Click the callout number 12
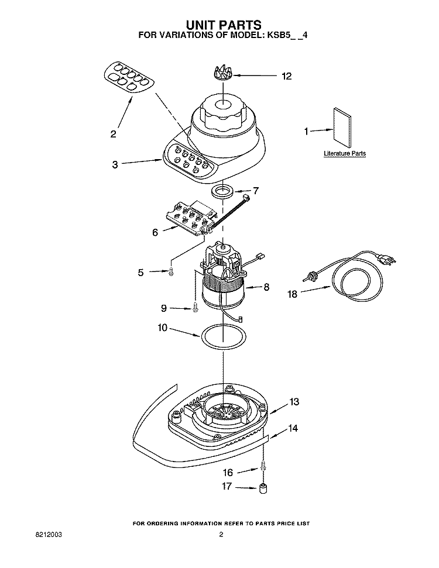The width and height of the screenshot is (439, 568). [286, 76]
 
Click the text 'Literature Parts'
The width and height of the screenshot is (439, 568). [345, 153]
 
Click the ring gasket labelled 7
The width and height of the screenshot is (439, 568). [222, 191]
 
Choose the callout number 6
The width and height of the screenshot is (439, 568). [155, 232]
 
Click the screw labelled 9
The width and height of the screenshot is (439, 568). [193, 308]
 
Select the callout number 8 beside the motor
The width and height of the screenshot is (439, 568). [266, 287]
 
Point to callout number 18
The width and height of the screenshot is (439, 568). [291, 294]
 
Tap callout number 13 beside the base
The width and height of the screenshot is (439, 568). [294, 402]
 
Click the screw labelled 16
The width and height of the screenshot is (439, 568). [263, 467]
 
